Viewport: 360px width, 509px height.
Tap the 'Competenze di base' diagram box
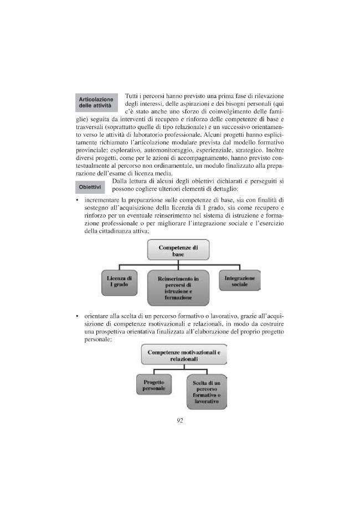coord(178,251)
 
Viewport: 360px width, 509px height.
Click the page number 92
coord(179,420)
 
